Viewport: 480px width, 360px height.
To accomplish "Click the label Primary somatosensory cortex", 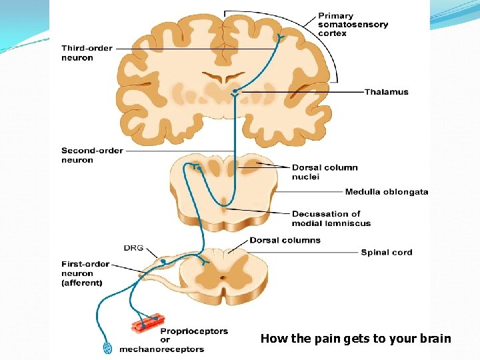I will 353,25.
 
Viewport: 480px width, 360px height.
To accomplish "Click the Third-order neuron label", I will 87,53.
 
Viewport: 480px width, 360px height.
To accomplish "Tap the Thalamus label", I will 386,92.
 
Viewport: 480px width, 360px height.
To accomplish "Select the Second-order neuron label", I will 92,155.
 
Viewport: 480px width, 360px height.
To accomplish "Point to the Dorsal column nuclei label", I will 325,172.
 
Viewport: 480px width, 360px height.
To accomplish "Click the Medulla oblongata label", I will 386,192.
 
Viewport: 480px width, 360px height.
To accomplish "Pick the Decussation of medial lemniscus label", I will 331,219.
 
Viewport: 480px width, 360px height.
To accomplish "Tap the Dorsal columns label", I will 285,240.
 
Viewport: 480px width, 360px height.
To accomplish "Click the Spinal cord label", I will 386,252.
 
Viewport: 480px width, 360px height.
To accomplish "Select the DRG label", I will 133,248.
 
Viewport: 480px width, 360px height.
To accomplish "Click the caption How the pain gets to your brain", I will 355,339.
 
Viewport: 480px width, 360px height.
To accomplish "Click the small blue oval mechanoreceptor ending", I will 107,348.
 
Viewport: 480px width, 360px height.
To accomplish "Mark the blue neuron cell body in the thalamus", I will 235,90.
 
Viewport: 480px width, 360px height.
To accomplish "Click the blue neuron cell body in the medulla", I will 198,167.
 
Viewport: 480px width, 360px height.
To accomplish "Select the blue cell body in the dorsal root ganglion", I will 163,261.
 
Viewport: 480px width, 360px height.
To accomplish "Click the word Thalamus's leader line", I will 300,92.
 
